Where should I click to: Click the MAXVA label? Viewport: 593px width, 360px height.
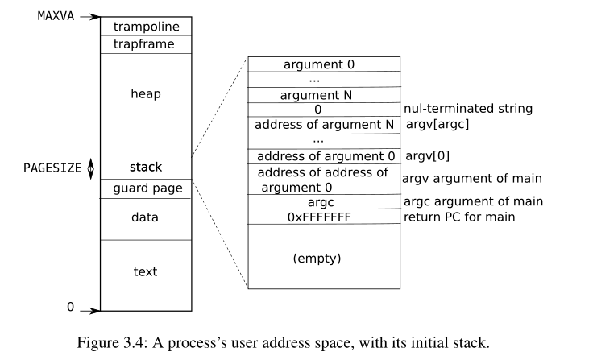(56, 15)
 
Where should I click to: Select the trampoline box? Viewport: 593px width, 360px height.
(146, 27)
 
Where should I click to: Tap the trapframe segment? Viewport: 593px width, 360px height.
(146, 44)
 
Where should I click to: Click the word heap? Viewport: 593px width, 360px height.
(146, 94)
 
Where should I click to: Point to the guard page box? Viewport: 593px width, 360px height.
(146, 188)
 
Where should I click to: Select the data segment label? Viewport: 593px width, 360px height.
(146, 217)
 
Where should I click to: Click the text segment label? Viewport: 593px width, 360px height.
(146, 271)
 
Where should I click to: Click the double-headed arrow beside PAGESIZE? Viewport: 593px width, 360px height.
(90, 168)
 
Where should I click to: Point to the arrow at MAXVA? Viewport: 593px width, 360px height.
(89, 16)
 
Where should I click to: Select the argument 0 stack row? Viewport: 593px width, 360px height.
(320, 64)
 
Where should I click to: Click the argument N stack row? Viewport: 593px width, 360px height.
(320, 94)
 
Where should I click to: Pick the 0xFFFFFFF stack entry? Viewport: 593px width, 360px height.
(319, 217)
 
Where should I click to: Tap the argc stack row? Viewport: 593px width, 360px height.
(320, 201)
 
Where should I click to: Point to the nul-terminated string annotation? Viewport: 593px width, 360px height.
(468, 109)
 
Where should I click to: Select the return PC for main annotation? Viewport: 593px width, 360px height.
(460, 217)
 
